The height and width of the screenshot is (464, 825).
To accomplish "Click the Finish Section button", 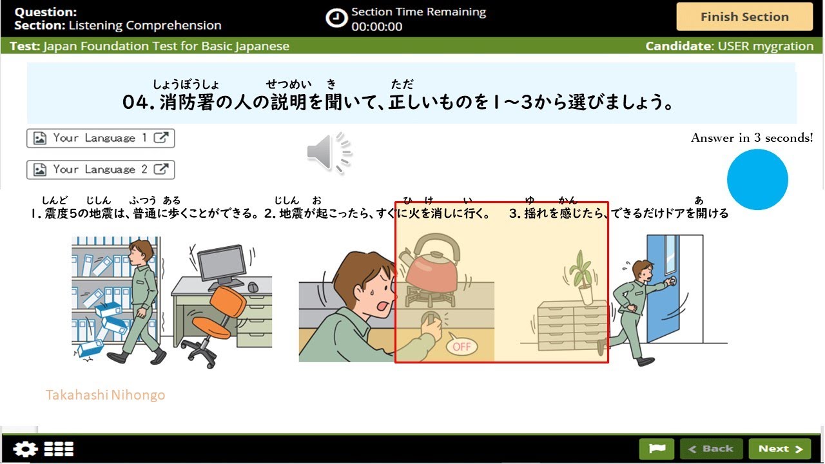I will point(744,17).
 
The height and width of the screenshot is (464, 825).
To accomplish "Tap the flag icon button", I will point(656,449).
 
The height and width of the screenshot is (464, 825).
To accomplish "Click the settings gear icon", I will point(25,449).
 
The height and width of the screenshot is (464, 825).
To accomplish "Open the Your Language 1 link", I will point(101,138).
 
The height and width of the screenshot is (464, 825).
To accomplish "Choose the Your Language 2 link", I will point(101,169).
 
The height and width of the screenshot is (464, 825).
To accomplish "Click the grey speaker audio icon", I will point(329,153).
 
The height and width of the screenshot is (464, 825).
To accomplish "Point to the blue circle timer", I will point(757,180).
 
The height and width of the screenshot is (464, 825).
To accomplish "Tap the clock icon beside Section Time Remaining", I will point(336,18).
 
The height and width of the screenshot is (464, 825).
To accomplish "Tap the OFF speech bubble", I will point(462,346).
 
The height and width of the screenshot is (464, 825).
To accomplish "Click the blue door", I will point(664,287).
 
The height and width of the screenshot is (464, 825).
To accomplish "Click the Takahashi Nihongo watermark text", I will point(105,395).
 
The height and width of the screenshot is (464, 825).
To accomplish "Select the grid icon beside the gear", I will point(59,449).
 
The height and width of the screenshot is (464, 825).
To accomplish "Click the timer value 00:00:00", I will point(377,27).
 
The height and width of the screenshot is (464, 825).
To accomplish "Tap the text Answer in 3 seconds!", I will point(752,137).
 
